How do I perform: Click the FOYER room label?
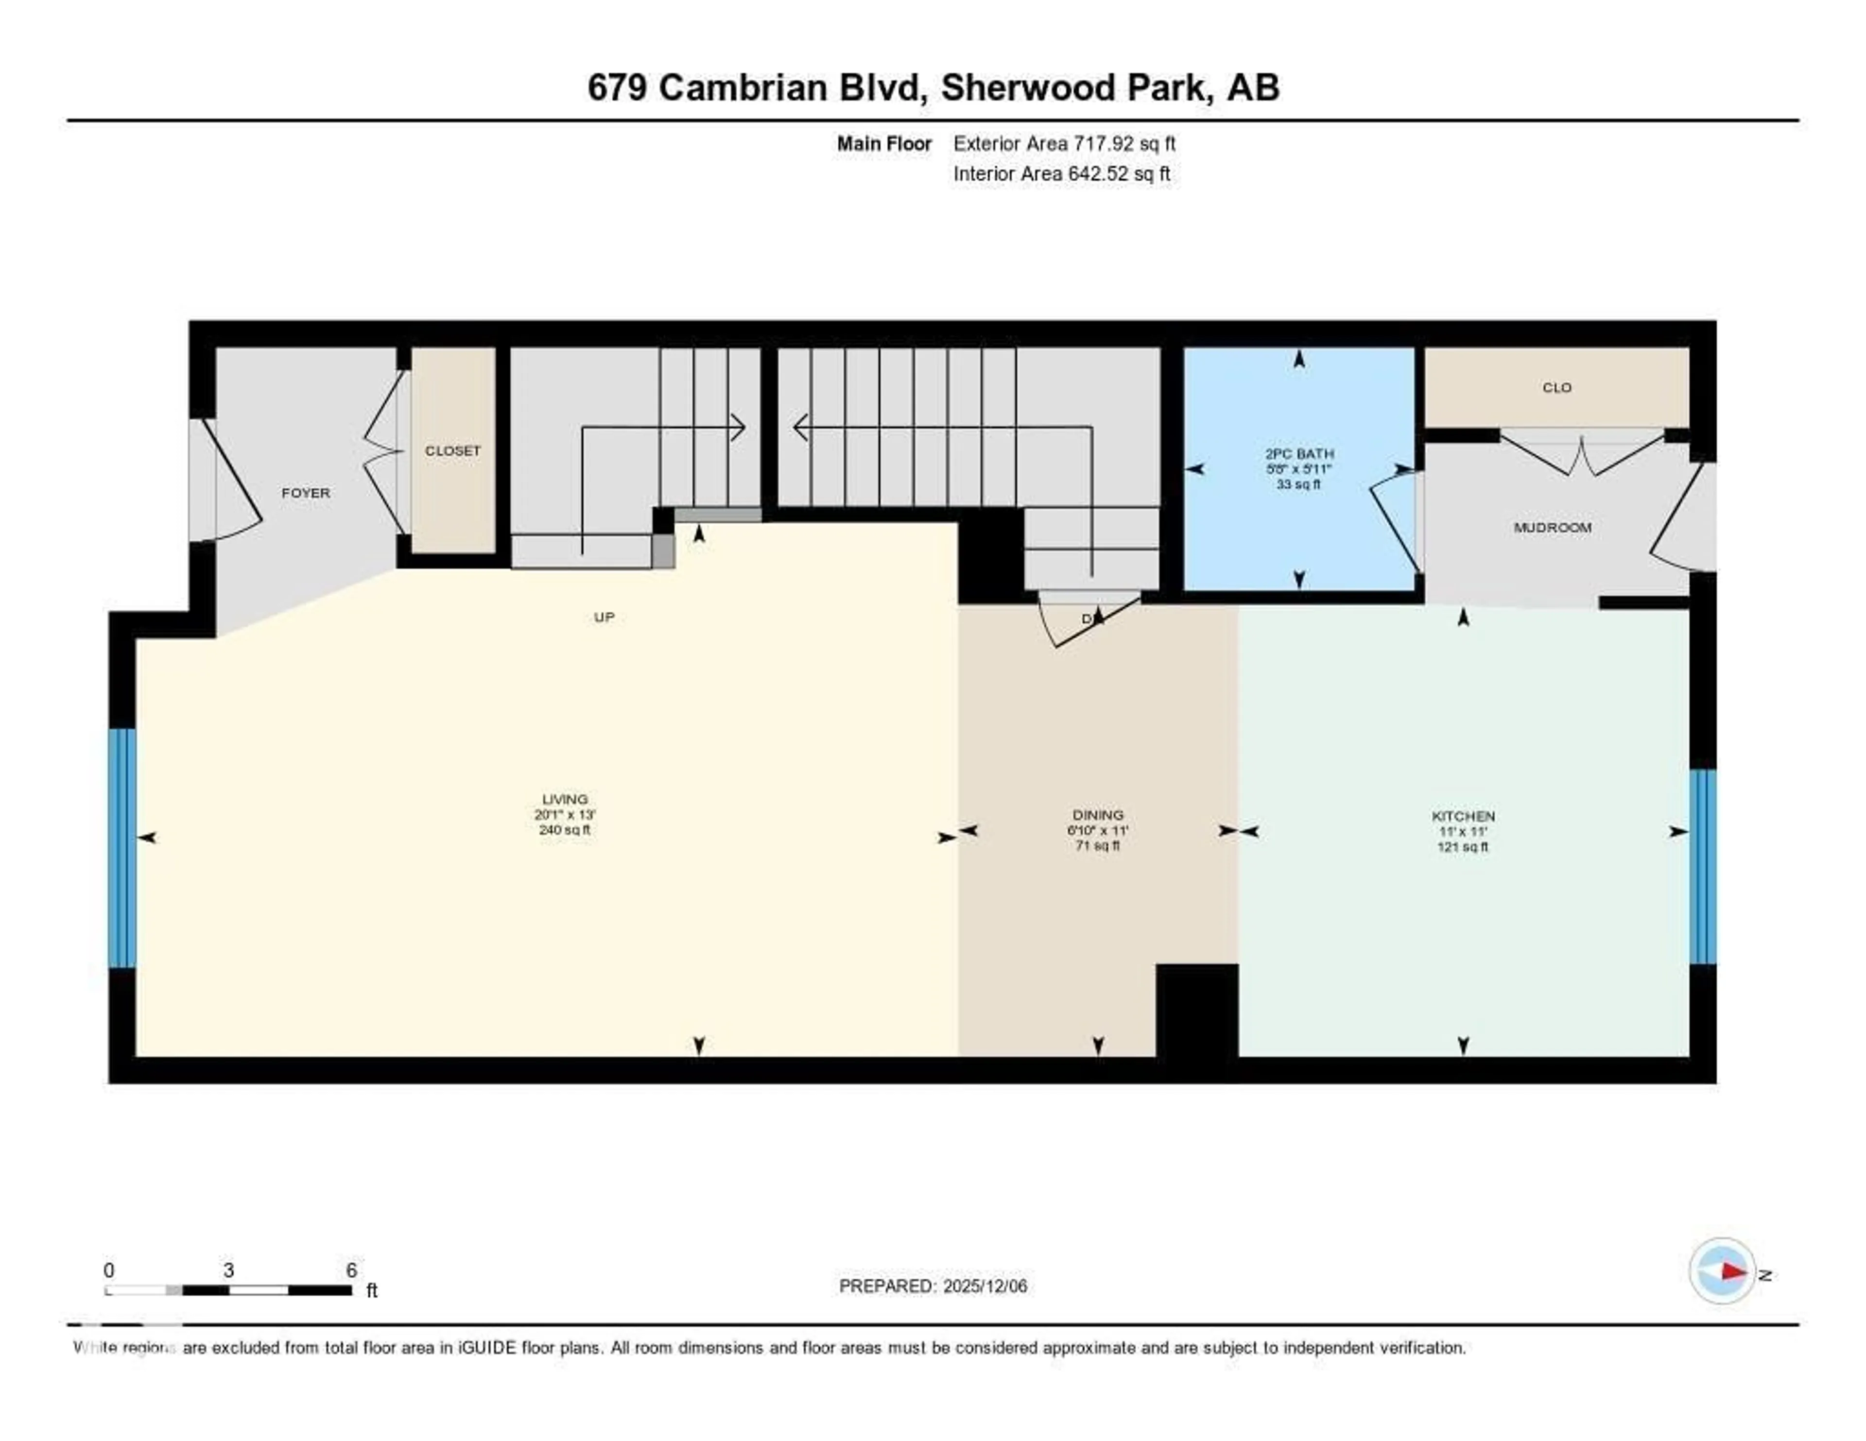pyautogui.click(x=305, y=493)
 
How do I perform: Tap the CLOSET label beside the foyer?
pyautogui.click(x=453, y=450)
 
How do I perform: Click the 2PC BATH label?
pyautogui.click(x=1299, y=454)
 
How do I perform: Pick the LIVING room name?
pyautogui.click(x=565, y=800)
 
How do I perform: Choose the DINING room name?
pyautogui.click(x=1098, y=815)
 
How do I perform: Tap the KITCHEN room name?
pyautogui.click(x=1463, y=816)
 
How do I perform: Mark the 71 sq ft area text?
pyautogui.click(x=1098, y=846)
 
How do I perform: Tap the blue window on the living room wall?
pyautogui.click(x=122, y=847)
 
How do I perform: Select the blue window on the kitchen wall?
pyautogui.click(x=1703, y=866)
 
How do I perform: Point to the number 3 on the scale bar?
pyautogui.click(x=229, y=1270)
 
